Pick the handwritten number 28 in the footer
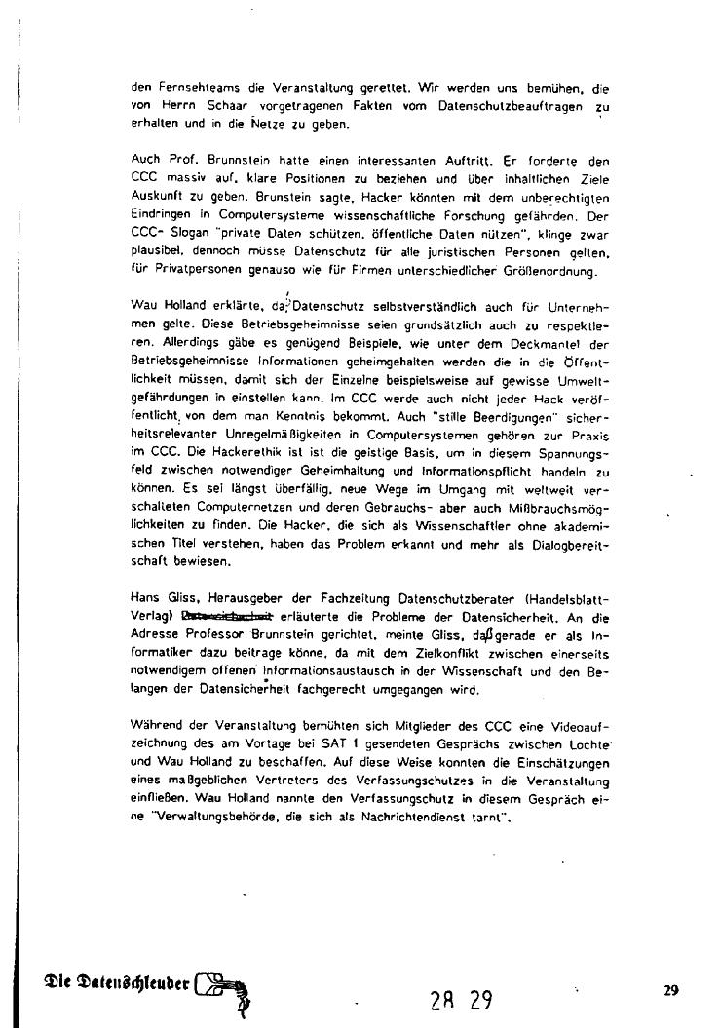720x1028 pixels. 442,999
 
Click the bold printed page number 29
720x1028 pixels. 670,990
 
